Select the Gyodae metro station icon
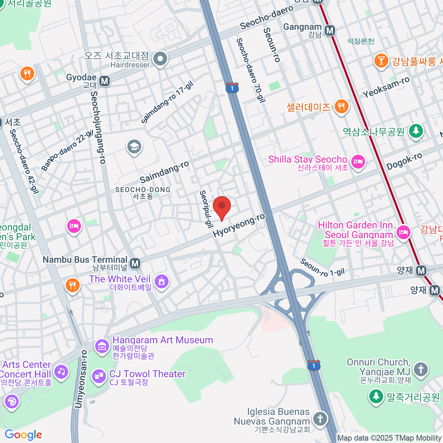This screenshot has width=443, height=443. click(104, 80)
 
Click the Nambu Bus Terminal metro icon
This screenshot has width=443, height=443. click(135, 263)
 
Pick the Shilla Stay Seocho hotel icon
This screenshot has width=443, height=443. click(358, 162)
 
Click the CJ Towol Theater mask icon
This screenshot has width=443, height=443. click(99, 377)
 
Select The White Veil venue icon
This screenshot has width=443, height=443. click(161, 282)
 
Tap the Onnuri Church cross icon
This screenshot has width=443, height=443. click(420, 369)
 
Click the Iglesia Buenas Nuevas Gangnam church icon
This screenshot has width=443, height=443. click(320, 419)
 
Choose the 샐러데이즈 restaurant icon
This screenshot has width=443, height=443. click(341, 107)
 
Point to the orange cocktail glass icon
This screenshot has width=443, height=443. click(381, 61)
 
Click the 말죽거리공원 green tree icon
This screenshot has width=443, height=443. click(376, 396)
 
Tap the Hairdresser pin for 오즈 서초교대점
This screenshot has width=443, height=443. click(161, 58)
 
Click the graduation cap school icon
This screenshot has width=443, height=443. click(134, 147)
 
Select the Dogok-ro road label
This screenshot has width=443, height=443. click(404, 161)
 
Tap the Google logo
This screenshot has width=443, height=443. click(24, 435)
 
